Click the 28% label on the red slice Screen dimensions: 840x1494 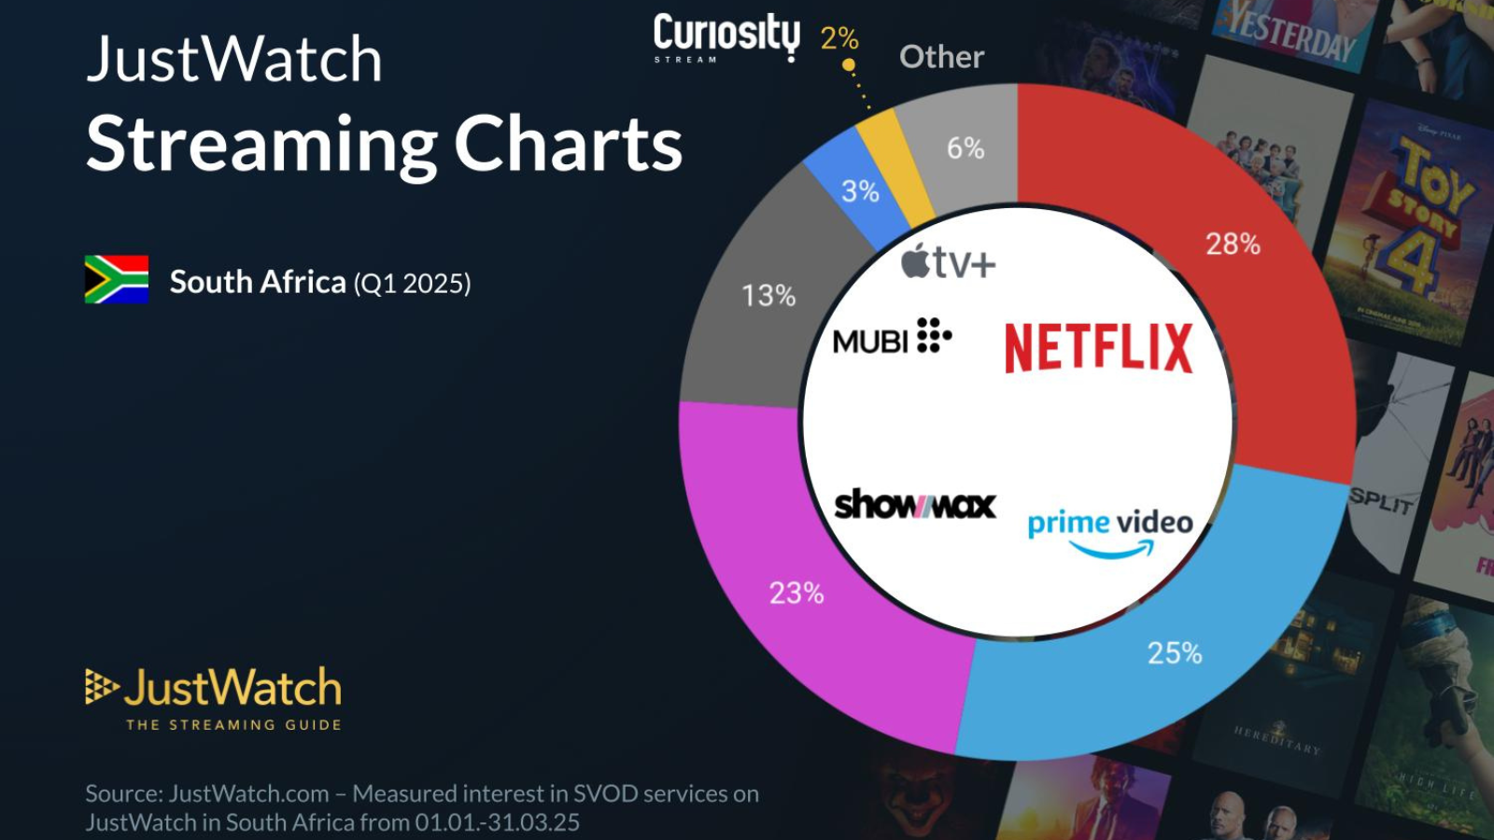[1233, 245]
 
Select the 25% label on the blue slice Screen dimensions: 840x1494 [1175, 653]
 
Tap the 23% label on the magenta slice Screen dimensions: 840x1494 [796, 594]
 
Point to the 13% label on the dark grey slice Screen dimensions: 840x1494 [768, 297]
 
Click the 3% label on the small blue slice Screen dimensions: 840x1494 [860, 192]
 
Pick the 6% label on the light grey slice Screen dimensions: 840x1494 [965, 148]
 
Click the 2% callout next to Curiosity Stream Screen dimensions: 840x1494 [839, 38]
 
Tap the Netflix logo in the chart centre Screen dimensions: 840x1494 [1098, 348]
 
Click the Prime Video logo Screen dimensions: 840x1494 [1110, 532]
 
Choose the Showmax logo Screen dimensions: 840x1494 [914, 505]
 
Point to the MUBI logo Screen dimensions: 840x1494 [892, 338]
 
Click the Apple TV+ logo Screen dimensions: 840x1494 [949, 263]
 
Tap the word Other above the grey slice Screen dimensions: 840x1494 [941, 57]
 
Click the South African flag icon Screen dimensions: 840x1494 [117, 280]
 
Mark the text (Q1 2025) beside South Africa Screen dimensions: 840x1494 [412, 284]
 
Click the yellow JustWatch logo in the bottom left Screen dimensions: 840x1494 [214, 696]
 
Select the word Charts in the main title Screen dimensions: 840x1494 [568, 146]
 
